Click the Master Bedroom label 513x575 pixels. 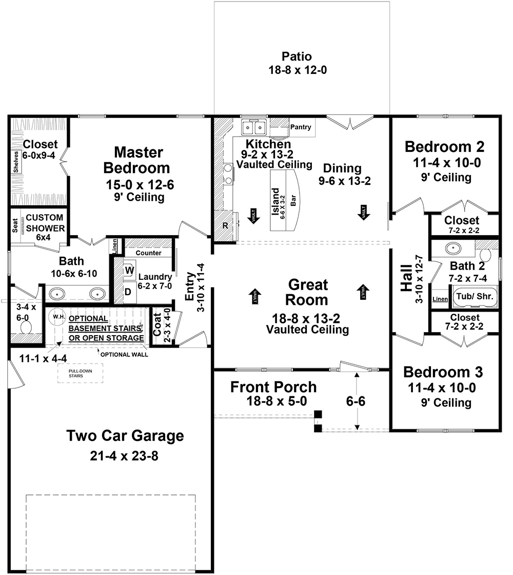point(139,160)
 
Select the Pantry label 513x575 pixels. point(301,127)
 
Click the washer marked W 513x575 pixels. point(129,270)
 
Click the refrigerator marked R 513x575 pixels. point(225,225)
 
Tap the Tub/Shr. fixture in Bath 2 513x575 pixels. point(474,296)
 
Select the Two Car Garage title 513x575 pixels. point(125,436)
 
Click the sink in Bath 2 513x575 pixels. point(453,248)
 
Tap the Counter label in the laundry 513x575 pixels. point(149,253)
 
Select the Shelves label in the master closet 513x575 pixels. point(16,162)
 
